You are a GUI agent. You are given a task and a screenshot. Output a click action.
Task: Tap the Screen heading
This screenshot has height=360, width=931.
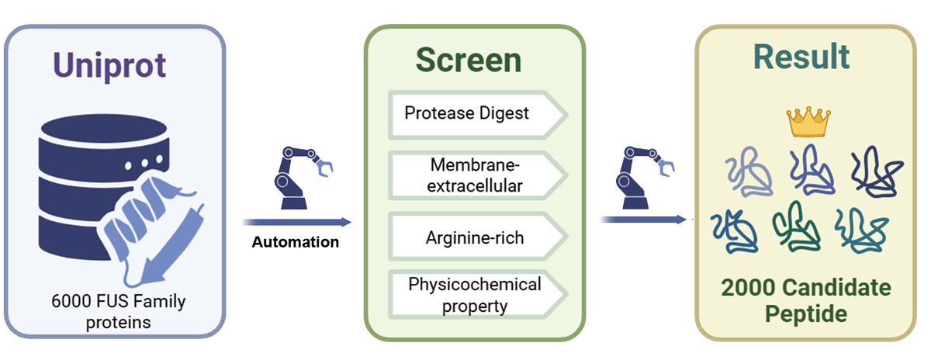[x=468, y=61]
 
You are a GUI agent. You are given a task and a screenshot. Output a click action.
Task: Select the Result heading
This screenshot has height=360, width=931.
[x=801, y=57]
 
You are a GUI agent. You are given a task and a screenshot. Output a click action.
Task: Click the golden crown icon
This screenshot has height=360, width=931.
[x=808, y=121]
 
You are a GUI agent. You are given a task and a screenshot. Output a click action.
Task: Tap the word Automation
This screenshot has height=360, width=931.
[x=296, y=242]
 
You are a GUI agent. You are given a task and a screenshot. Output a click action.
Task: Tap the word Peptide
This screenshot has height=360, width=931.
[x=805, y=315]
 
